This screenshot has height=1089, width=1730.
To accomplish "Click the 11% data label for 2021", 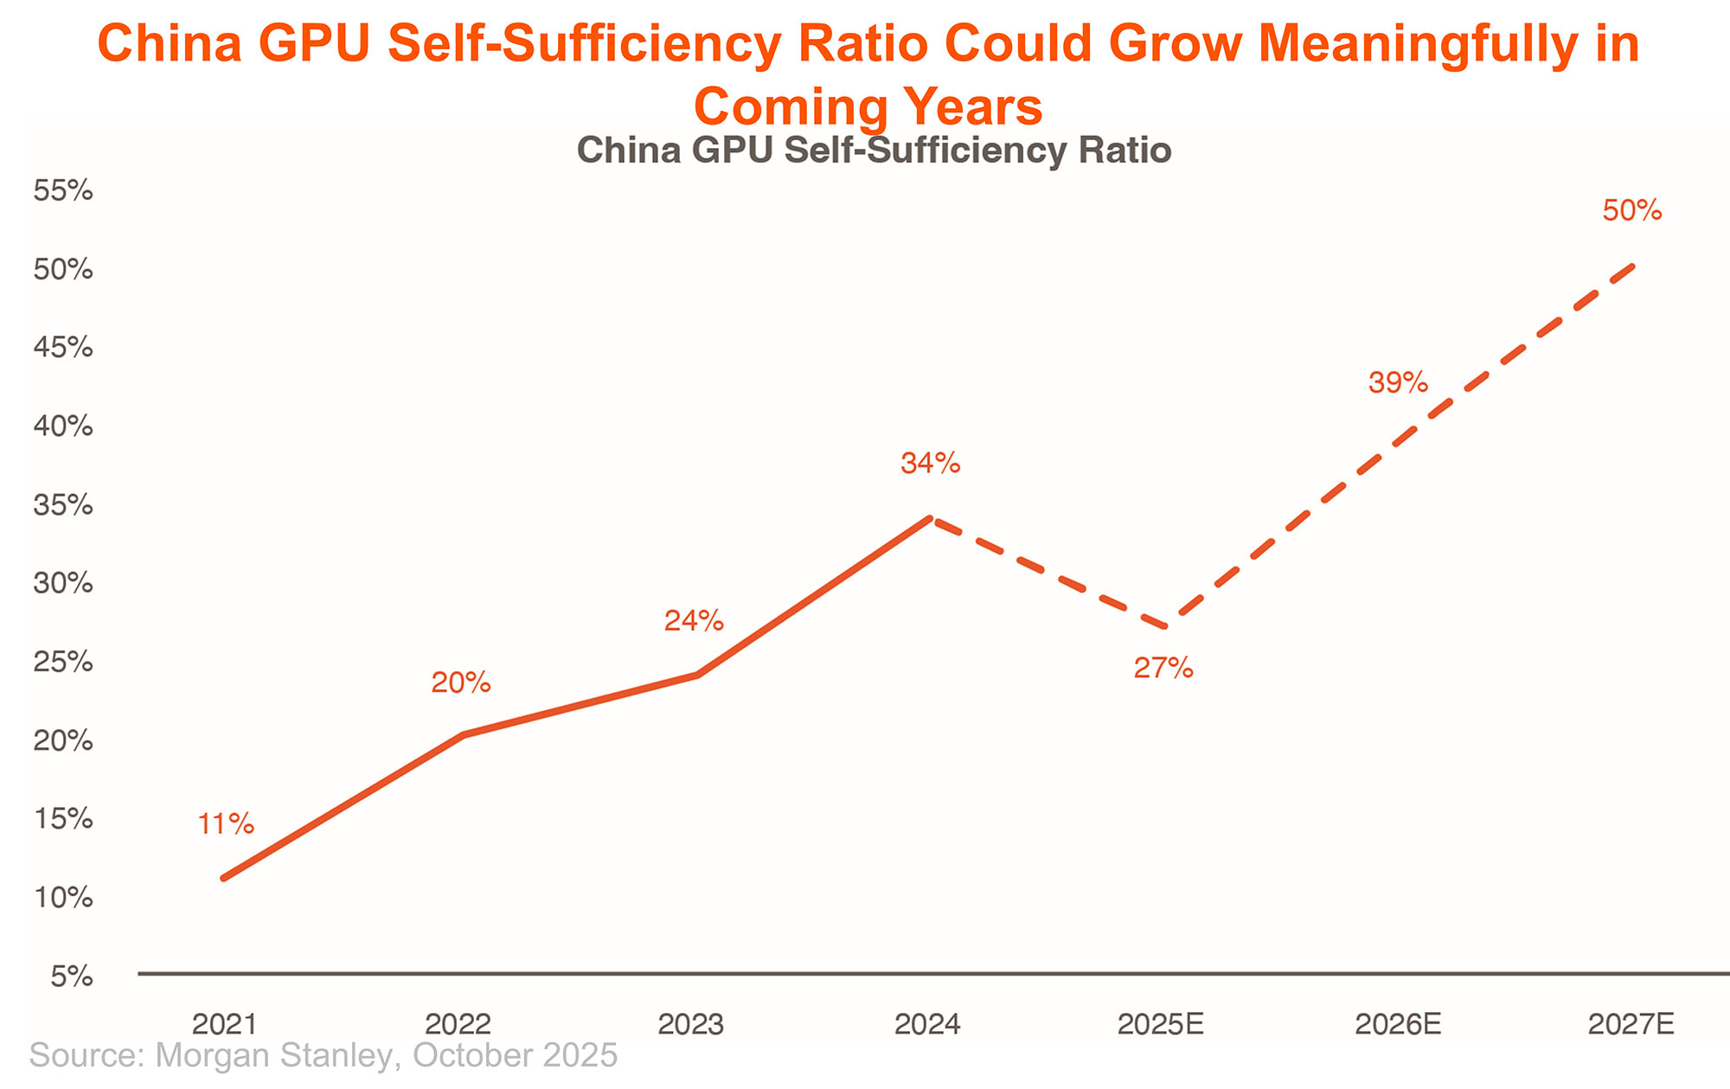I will pyautogui.click(x=226, y=824).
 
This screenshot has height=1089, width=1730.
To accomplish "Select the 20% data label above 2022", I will pyautogui.click(x=461, y=683).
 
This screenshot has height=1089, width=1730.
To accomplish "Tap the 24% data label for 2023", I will pyautogui.click(x=694, y=620).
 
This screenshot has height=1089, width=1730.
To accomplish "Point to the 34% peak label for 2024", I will pyautogui.click(x=931, y=464).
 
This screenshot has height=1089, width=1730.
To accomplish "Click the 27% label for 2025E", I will pyautogui.click(x=1163, y=668).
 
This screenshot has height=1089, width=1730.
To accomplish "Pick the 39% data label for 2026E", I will pyautogui.click(x=1398, y=382).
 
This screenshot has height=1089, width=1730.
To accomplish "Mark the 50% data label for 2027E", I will pyautogui.click(x=1632, y=210).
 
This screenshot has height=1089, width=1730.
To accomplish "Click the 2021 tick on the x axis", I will pyautogui.click(x=225, y=1025).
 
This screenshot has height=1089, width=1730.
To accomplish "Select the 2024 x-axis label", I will pyautogui.click(x=928, y=1025).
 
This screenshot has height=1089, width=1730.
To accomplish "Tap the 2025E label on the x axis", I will pyautogui.click(x=1161, y=1025).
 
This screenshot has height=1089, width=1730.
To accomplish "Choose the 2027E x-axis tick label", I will pyautogui.click(x=1631, y=1025).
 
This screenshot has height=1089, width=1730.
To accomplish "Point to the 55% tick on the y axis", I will pyautogui.click(x=63, y=191).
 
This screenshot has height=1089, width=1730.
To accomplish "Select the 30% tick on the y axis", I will pyautogui.click(x=63, y=584).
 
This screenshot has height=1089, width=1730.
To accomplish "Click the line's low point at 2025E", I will pyautogui.click(x=1168, y=627).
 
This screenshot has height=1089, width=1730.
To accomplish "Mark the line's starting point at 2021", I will pyautogui.click(x=224, y=879).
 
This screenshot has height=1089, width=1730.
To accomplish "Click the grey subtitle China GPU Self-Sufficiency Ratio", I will pyautogui.click(x=874, y=151).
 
